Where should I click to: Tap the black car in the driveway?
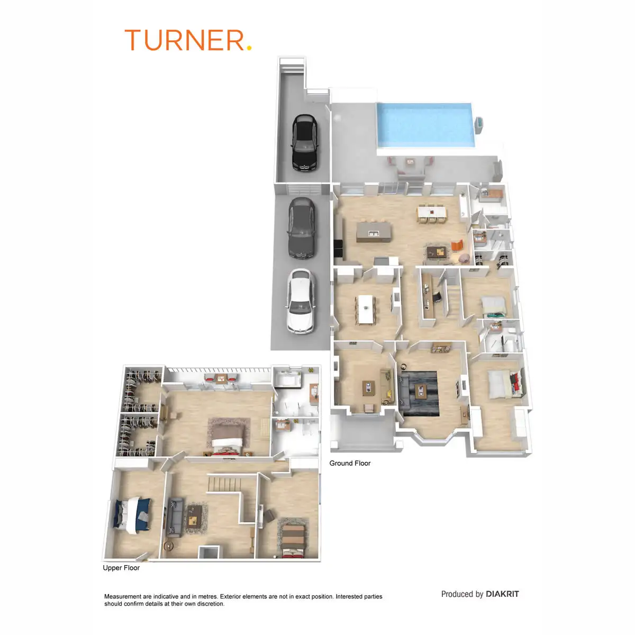click(x=305, y=143)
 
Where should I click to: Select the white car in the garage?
click(x=300, y=302)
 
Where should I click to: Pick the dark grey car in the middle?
click(x=302, y=228)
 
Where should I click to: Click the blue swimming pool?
click(x=426, y=125)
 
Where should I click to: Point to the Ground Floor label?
click(x=350, y=463)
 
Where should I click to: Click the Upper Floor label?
click(x=121, y=567)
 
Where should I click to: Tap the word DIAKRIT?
click(x=502, y=594)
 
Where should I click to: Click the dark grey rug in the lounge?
click(x=419, y=394)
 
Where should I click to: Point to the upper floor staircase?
click(x=224, y=484)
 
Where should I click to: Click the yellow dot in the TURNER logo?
click(x=249, y=48)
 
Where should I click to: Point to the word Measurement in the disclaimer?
click(x=123, y=596)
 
